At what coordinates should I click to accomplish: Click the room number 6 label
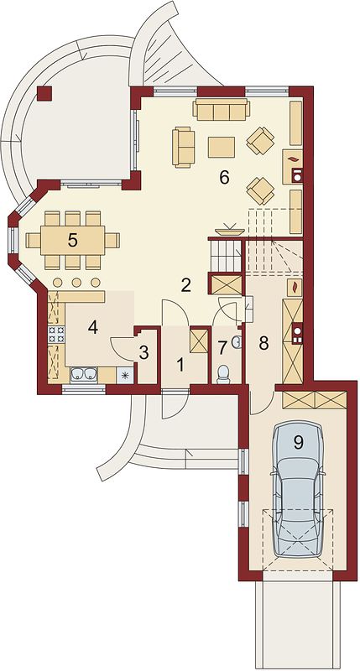224,177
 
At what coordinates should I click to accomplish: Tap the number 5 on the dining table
73,241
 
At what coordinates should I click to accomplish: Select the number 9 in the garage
299,443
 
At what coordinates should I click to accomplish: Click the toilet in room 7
223,374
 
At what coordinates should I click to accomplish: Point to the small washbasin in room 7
236,341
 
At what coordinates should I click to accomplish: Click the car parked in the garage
298,489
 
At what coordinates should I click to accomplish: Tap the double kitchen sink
84,374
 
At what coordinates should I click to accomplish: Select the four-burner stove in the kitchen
57,334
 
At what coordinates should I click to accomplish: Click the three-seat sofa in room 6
221,109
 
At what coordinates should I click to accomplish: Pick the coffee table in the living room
222,147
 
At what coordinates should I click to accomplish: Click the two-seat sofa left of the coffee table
183,146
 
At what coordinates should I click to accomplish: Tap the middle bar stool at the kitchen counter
76,283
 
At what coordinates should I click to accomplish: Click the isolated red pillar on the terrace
44,93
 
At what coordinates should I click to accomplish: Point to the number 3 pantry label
143,353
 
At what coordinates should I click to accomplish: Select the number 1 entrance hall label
180,365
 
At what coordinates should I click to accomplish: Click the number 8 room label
263,342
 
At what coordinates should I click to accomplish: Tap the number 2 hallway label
185,285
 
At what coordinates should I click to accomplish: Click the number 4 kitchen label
93,327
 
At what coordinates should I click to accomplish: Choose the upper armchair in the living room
260,140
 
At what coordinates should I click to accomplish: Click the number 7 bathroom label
222,348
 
